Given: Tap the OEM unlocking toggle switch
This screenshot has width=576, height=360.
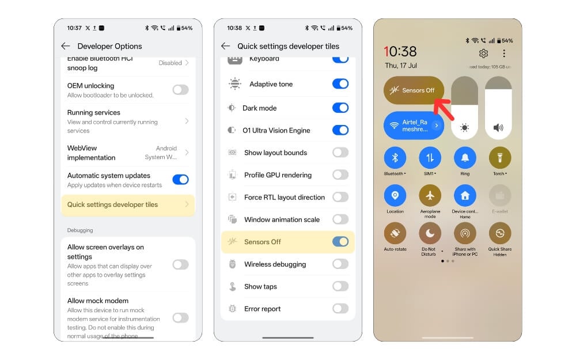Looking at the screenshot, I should point(180,90).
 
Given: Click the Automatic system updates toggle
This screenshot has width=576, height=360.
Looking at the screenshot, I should point(180,180).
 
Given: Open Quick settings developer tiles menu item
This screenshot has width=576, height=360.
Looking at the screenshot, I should point(127,204).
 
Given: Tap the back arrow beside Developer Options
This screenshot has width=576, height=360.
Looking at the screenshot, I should point(66,46).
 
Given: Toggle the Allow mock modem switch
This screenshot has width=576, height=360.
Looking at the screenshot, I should point(180,317).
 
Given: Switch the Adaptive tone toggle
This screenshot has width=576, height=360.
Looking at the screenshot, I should point(340,84).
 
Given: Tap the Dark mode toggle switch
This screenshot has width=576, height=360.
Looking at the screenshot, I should point(340,108).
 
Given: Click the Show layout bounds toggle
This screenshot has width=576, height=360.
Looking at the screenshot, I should point(340,153).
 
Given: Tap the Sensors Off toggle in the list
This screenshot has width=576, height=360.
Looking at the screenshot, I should point(340,242).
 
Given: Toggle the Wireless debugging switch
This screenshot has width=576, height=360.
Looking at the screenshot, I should point(340,264).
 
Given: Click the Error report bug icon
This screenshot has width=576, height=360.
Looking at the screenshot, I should point(233,309).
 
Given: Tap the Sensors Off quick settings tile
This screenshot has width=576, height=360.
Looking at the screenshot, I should point(414,90).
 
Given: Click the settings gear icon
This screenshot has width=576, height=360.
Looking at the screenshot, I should point(483,54).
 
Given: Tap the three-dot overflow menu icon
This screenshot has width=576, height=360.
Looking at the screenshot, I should point(504,54).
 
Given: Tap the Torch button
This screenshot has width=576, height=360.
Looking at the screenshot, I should point(499,158).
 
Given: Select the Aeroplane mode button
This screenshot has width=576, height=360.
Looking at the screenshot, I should point(430,196).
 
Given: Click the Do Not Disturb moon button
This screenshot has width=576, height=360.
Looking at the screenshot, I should point(430,233).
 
